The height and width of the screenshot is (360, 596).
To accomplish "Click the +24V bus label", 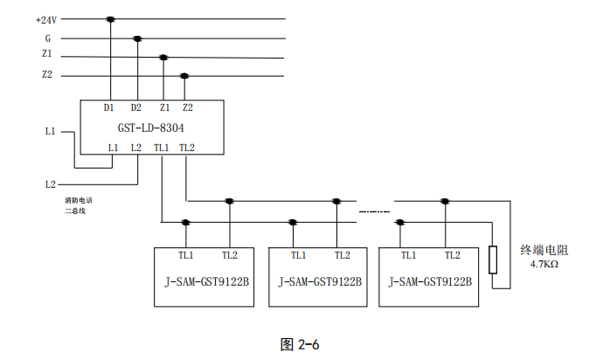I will pyautogui.click(x=46, y=19).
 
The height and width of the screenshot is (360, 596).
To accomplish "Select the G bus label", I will pyautogui.click(x=48, y=38).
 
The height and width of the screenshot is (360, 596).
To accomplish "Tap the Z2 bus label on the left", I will pyautogui.click(x=47, y=76).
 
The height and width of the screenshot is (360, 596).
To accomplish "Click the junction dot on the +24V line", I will pyautogui.click(x=110, y=19).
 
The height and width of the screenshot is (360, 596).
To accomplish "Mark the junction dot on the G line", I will pyautogui.click(x=137, y=38).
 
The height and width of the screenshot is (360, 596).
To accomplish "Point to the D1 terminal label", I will pyautogui.click(x=109, y=107).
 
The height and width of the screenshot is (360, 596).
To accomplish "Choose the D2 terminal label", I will pyautogui.click(x=135, y=107).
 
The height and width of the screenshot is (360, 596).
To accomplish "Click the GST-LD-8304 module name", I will pyautogui.click(x=151, y=128).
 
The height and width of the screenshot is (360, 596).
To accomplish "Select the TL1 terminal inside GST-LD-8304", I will pyautogui.click(x=162, y=148).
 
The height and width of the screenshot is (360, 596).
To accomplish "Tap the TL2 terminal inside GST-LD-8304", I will pyautogui.click(x=187, y=148).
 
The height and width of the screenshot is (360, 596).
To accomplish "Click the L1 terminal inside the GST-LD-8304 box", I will pyautogui.click(x=113, y=148).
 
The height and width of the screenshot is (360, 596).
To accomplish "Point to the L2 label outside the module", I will pyautogui.click(x=50, y=184).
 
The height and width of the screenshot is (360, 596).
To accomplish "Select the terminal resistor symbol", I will pyautogui.click(x=494, y=260).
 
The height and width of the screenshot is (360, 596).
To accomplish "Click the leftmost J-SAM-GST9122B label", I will pyautogui.click(x=203, y=282).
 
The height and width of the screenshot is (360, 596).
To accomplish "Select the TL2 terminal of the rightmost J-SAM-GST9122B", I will pyautogui.click(x=452, y=255).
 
